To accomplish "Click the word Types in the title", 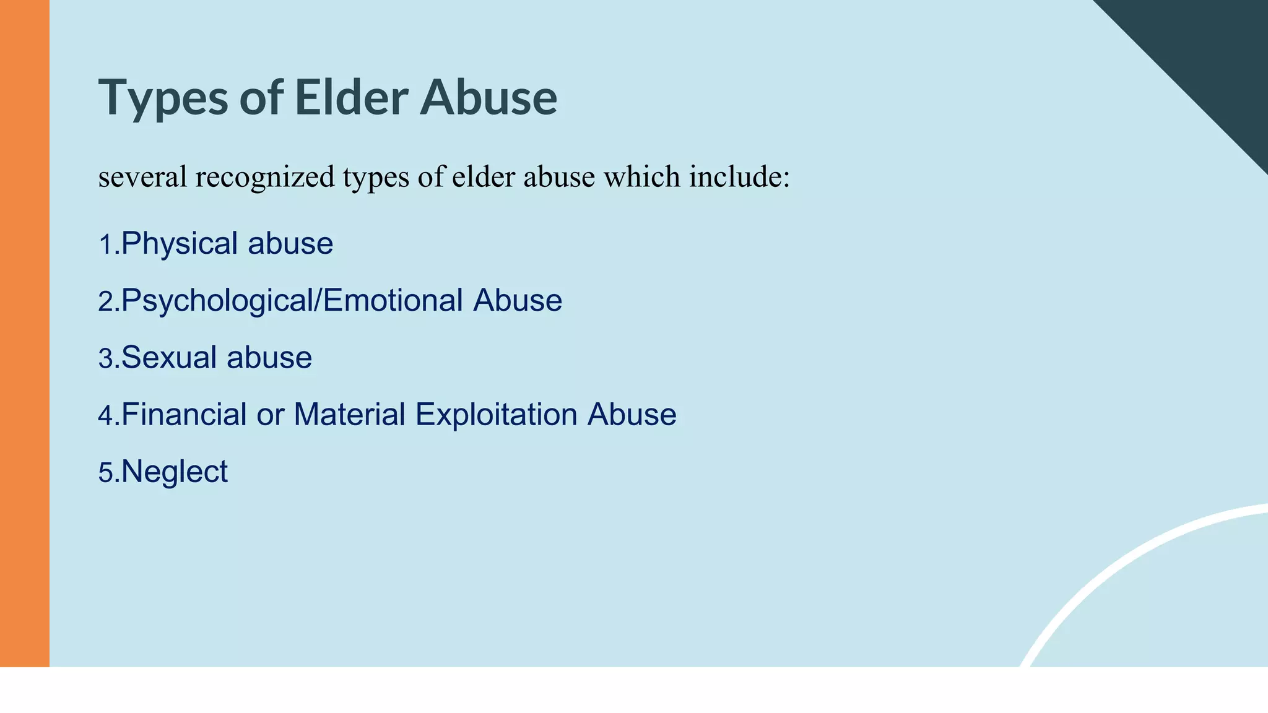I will click(x=163, y=98).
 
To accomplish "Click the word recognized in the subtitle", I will click(x=265, y=178).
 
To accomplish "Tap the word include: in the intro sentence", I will click(x=740, y=176).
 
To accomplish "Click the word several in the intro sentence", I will click(x=142, y=178).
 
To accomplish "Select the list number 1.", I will click(x=106, y=245).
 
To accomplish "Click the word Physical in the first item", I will click(x=180, y=244).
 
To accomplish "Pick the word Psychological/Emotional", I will click(x=292, y=301).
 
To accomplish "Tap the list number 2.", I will click(x=106, y=303).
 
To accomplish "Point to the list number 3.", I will click(x=106, y=360).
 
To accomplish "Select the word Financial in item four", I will click(x=184, y=414).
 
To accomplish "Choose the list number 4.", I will click(x=106, y=416).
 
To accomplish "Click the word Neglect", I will click(x=175, y=472).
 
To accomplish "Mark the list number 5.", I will click(x=106, y=473).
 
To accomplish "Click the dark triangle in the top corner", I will click(x=1214, y=50).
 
